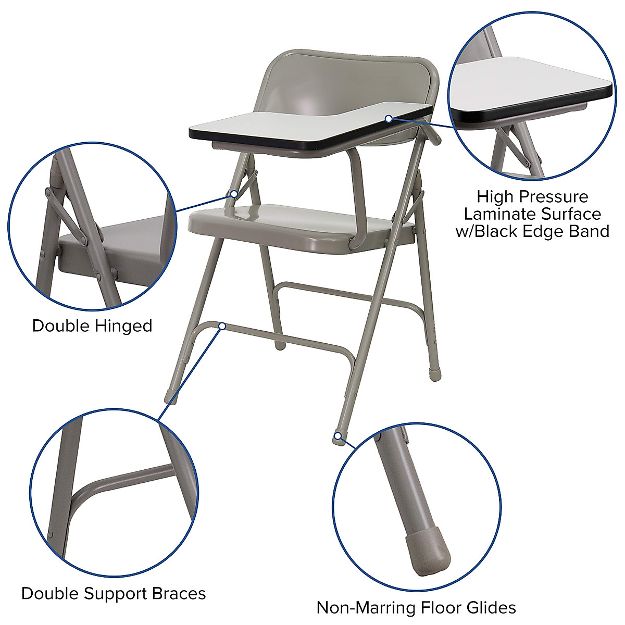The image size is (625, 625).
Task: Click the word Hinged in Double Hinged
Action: (x=123, y=327)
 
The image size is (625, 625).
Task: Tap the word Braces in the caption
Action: (x=179, y=594)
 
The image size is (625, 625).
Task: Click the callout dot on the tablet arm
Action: (x=389, y=119)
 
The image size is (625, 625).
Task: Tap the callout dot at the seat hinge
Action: (x=234, y=194)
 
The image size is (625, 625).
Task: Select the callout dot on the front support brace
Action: (x=222, y=327)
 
